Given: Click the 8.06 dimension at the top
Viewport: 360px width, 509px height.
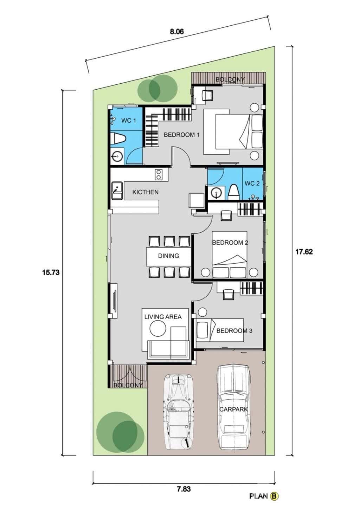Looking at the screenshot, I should pos(177,32).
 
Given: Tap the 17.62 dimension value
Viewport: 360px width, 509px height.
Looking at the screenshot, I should pos(304,252).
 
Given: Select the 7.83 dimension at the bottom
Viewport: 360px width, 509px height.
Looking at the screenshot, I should pos(184,489).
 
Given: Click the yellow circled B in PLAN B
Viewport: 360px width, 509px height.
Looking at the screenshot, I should pos(275,496).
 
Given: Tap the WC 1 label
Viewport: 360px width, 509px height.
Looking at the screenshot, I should pos(128,121).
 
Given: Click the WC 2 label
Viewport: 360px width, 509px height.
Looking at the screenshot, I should pos(252,183).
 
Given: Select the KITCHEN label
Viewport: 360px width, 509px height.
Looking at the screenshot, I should pos(145,192).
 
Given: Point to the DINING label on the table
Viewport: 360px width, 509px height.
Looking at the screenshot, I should pos(168,256).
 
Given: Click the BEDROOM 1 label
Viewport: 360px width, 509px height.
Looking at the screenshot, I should pos(182,135).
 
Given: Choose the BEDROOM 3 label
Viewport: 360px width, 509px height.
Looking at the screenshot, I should pos(234,331).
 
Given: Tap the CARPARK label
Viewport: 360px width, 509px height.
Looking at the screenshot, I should pos(233,409).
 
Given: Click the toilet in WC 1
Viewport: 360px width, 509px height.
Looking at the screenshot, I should pos(117,138).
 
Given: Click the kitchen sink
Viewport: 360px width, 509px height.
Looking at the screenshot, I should pos(116,190).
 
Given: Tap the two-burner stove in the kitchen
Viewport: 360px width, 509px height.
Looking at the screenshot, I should pos(159,175).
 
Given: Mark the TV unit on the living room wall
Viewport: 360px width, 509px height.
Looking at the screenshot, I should pos(114,301).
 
